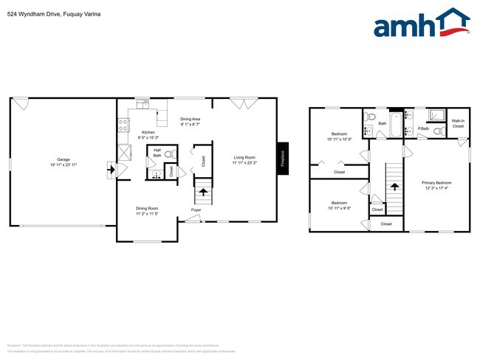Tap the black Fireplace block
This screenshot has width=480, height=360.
click(281, 158)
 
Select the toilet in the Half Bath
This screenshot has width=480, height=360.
click(169, 155)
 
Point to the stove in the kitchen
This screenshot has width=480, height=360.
click(123, 123)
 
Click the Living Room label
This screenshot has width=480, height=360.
click(244, 157)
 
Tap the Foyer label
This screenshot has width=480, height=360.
click(196, 210)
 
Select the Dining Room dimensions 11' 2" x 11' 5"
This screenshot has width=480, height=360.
click(147, 214)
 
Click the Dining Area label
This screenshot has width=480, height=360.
click(191, 119)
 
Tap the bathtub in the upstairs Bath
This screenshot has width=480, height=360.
click(396, 125)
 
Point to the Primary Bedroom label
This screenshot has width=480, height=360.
click(436, 182)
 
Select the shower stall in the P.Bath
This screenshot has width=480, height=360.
click(436, 115)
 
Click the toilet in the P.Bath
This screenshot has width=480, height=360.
click(438, 131)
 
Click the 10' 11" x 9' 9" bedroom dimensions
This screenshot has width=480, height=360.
click(339, 208)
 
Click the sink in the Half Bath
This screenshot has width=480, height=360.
click(155, 174)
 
